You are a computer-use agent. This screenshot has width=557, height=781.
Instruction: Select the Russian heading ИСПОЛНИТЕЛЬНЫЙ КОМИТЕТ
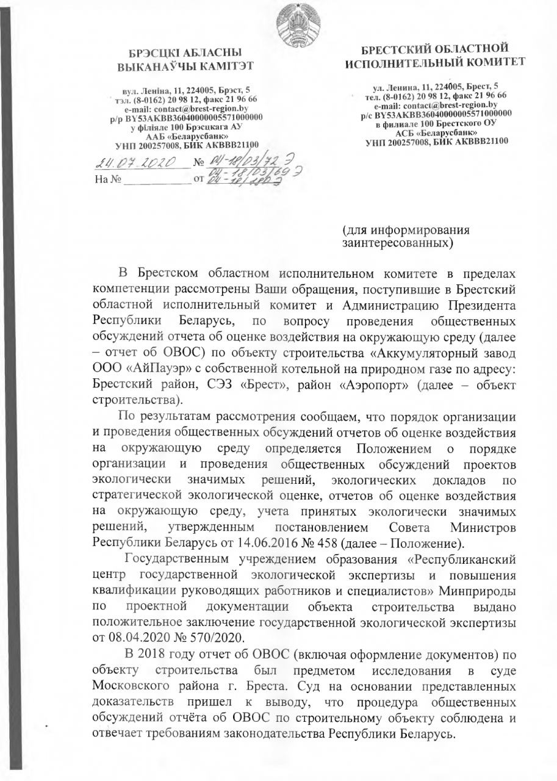(x=435, y=62)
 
